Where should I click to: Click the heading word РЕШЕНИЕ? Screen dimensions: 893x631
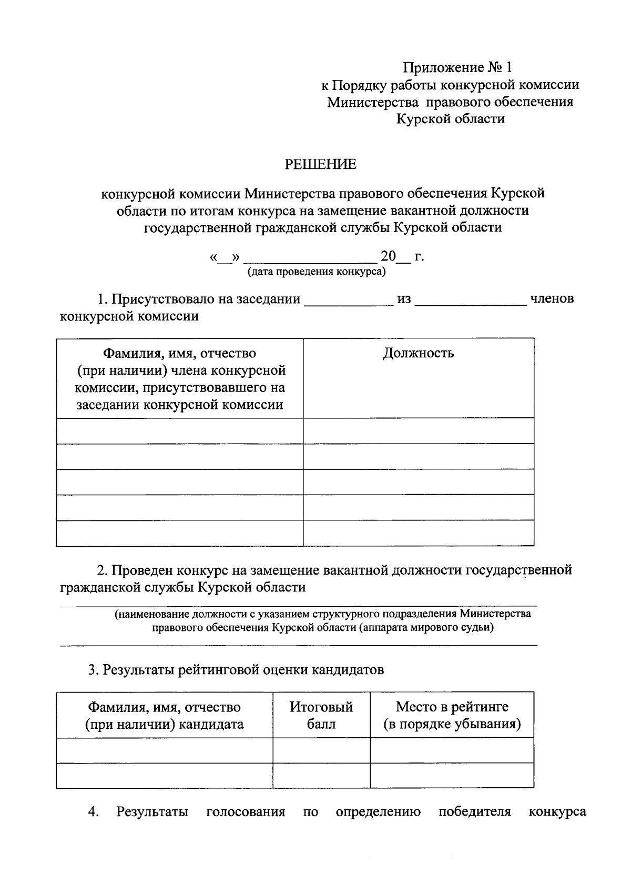pyautogui.click(x=320, y=165)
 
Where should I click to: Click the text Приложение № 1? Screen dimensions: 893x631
pyautogui.click(x=457, y=67)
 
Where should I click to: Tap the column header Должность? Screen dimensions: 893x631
pyautogui.click(x=418, y=353)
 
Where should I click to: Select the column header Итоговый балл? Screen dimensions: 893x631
pyautogui.click(x=321, y=715)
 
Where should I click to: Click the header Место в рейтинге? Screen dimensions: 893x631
pyautogui.click(x=452, y=707)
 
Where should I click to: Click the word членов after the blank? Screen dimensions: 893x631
pyautogui.click(x=552, y=299)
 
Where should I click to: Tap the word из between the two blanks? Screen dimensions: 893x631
pyautogui.click(x=404, y=299)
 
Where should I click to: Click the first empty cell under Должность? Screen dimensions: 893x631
pyautogui.click(x=418, y=431)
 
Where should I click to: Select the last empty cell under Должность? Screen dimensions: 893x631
pyautogui.click(x=418, y=533)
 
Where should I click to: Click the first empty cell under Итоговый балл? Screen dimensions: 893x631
pyautogui.click(x=321, y=750)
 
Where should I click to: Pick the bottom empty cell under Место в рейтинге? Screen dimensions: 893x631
pyautogui.click(x=452, y=775)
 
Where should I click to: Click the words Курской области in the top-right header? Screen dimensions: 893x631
pyautogui.click(x=451, y=119)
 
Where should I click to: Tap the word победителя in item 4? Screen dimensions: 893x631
pyautogui.click(x=475, y=812)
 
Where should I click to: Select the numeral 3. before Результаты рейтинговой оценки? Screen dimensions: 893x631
pyautogui.click(x=93, y=670)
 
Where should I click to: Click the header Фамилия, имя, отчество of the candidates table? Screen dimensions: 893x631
pyautogui.click(x=164, y=707)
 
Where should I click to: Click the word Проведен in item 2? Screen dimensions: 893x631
pyautogui.click(x=142, y=570)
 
